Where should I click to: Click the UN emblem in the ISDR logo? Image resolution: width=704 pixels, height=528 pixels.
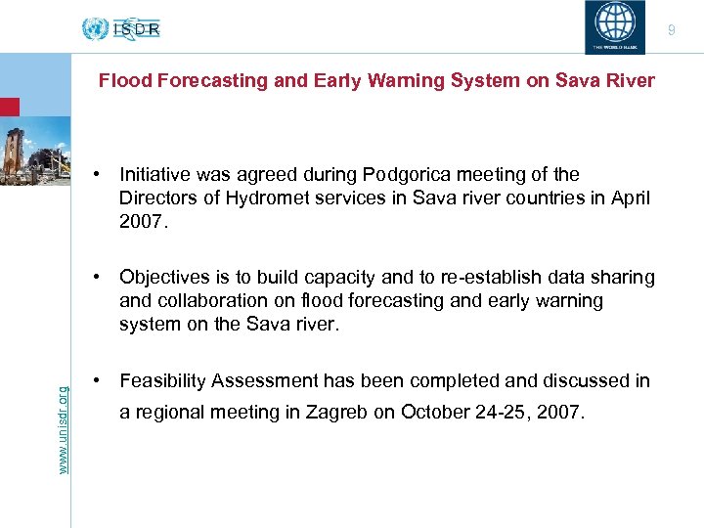pyautogui.click(x=95, y=28)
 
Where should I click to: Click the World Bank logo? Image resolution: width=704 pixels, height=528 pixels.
pyautogui.click(x=614, y=24)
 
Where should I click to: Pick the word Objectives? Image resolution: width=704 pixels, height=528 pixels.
pyautogui.click(x=163, y=278)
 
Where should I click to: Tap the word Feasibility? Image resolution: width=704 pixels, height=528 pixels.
pyautogui.click(x=162, y=380)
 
